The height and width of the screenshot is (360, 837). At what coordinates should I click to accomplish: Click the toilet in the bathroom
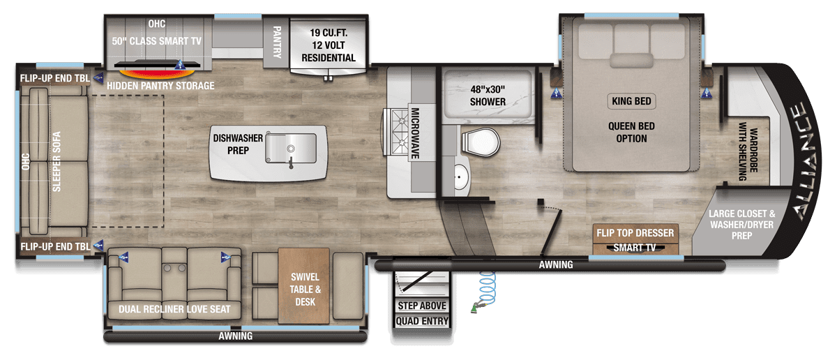coord(481,142)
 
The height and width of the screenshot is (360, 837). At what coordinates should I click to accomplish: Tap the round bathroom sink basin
coord(461,178)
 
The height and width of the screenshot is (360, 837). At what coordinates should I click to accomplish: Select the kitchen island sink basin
coord(290,148)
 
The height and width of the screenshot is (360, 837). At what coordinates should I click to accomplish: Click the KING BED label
coord(631,101)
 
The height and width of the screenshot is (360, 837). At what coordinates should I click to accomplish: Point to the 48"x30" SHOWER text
coord(488,96)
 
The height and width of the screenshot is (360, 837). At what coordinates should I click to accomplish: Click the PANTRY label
coord(276,42)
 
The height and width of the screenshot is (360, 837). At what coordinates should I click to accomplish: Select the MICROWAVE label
coord(415,133)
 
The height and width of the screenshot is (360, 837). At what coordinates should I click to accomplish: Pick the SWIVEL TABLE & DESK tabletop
coord(304,286)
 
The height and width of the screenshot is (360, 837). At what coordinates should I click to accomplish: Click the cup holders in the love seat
coord(174,268)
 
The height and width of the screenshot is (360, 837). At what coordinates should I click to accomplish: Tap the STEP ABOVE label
coord(422,306)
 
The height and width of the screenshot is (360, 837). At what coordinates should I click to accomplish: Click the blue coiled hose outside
coord(487,288)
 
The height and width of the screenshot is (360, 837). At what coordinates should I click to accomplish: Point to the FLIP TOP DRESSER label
coord(635,233)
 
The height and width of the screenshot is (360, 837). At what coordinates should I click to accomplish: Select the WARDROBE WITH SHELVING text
coord(748,151)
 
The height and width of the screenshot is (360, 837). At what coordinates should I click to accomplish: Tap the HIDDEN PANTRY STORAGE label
coord(160,86)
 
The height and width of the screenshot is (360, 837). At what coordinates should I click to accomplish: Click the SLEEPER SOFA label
coord(56,161)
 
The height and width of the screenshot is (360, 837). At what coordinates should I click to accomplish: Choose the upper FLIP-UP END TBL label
coord(55,78)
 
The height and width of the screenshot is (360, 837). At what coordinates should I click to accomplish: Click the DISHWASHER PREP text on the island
coord(238,144)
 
